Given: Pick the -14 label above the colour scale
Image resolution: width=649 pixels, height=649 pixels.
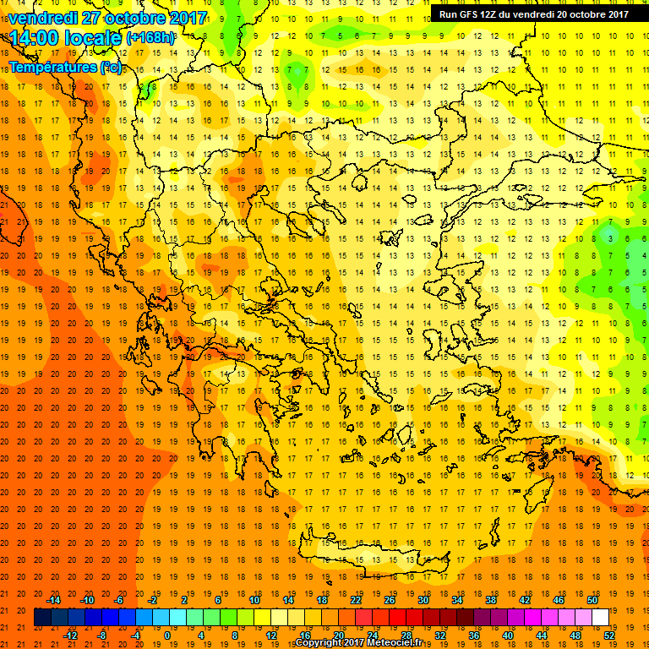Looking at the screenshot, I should pyautogui.click(x=54, y=599).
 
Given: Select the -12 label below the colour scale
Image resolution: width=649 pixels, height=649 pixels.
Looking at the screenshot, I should pyautogui.click(x=71, y=635).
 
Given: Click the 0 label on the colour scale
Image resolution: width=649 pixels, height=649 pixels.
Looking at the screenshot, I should pyautogui.click(x=167, y=635).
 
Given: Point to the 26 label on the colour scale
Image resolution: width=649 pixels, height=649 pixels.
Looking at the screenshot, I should pyautogui.click(x=389, y=599).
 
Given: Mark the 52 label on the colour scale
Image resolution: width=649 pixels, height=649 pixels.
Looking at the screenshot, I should pyautogui.click(x=610, y=635).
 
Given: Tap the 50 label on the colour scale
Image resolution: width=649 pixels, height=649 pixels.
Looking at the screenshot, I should pyautogui.click(x=593, y=599).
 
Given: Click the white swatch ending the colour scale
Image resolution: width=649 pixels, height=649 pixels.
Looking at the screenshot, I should pyautogui.click(x=601, y=618).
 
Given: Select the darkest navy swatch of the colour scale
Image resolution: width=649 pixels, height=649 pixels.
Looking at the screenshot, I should pyautogui.click(x=42, y=618).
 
